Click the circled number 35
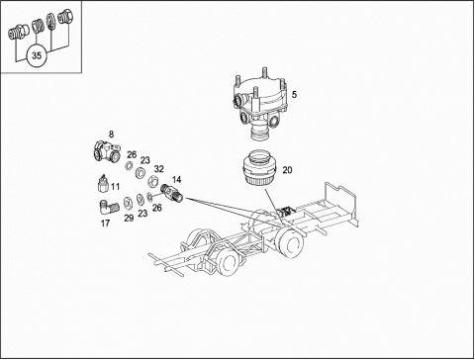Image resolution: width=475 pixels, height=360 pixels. (x=37, y=55)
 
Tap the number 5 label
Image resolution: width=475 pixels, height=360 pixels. (x=294, y=95)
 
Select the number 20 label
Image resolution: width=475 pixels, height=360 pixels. (x=287, y=170)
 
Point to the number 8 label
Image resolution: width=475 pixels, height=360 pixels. (x=111, y=135)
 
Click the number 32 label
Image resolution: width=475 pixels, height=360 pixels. (x=159, y=169)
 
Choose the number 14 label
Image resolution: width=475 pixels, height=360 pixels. (x=176, y=180)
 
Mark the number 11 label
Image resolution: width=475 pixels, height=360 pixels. (x=115, y=187)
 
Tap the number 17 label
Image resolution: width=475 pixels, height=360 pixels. (x=105, y=224)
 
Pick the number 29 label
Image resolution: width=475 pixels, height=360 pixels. (x=129, y=218)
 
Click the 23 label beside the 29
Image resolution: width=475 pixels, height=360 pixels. (x=142, y=214)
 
